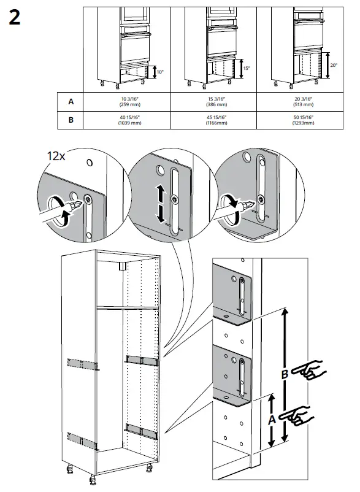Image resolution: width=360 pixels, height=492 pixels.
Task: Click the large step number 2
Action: click(15, 18)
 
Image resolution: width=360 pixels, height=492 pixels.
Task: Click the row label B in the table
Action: click(70, 120)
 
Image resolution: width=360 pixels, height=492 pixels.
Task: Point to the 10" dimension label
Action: click(160, 72)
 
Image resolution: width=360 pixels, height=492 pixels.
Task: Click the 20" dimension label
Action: click(334, 65)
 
